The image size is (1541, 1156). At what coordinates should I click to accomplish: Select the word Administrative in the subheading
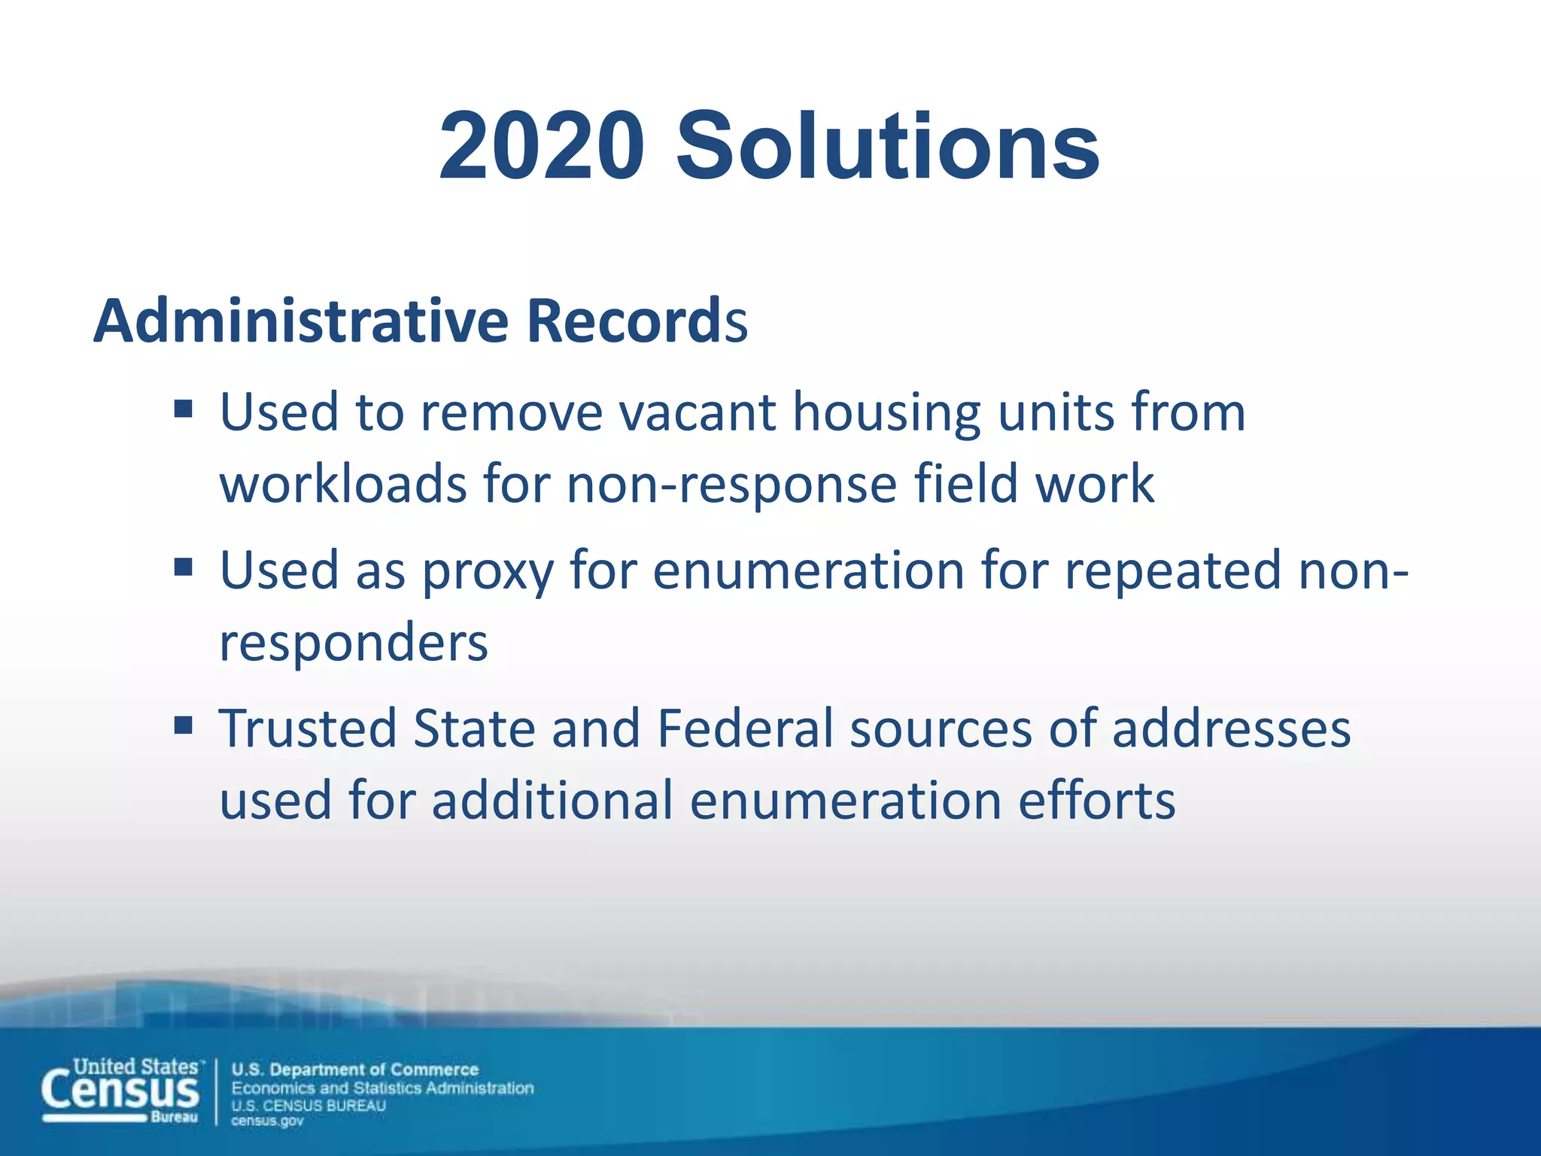[x=302, y=321]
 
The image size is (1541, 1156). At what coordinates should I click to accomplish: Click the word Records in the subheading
[x=637, y=321]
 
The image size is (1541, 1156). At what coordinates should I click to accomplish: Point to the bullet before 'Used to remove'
[x=184, y=410]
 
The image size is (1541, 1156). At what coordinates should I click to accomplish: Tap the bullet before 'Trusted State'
[x=184, y=726]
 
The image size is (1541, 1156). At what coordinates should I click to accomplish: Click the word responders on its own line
[x=354, y=644]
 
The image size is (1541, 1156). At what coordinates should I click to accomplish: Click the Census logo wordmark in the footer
[x=121, y=1090]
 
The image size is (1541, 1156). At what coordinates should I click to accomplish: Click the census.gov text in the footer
[x=267, y=1121]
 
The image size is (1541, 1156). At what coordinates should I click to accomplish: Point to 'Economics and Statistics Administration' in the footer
[x=382, y=1088]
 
